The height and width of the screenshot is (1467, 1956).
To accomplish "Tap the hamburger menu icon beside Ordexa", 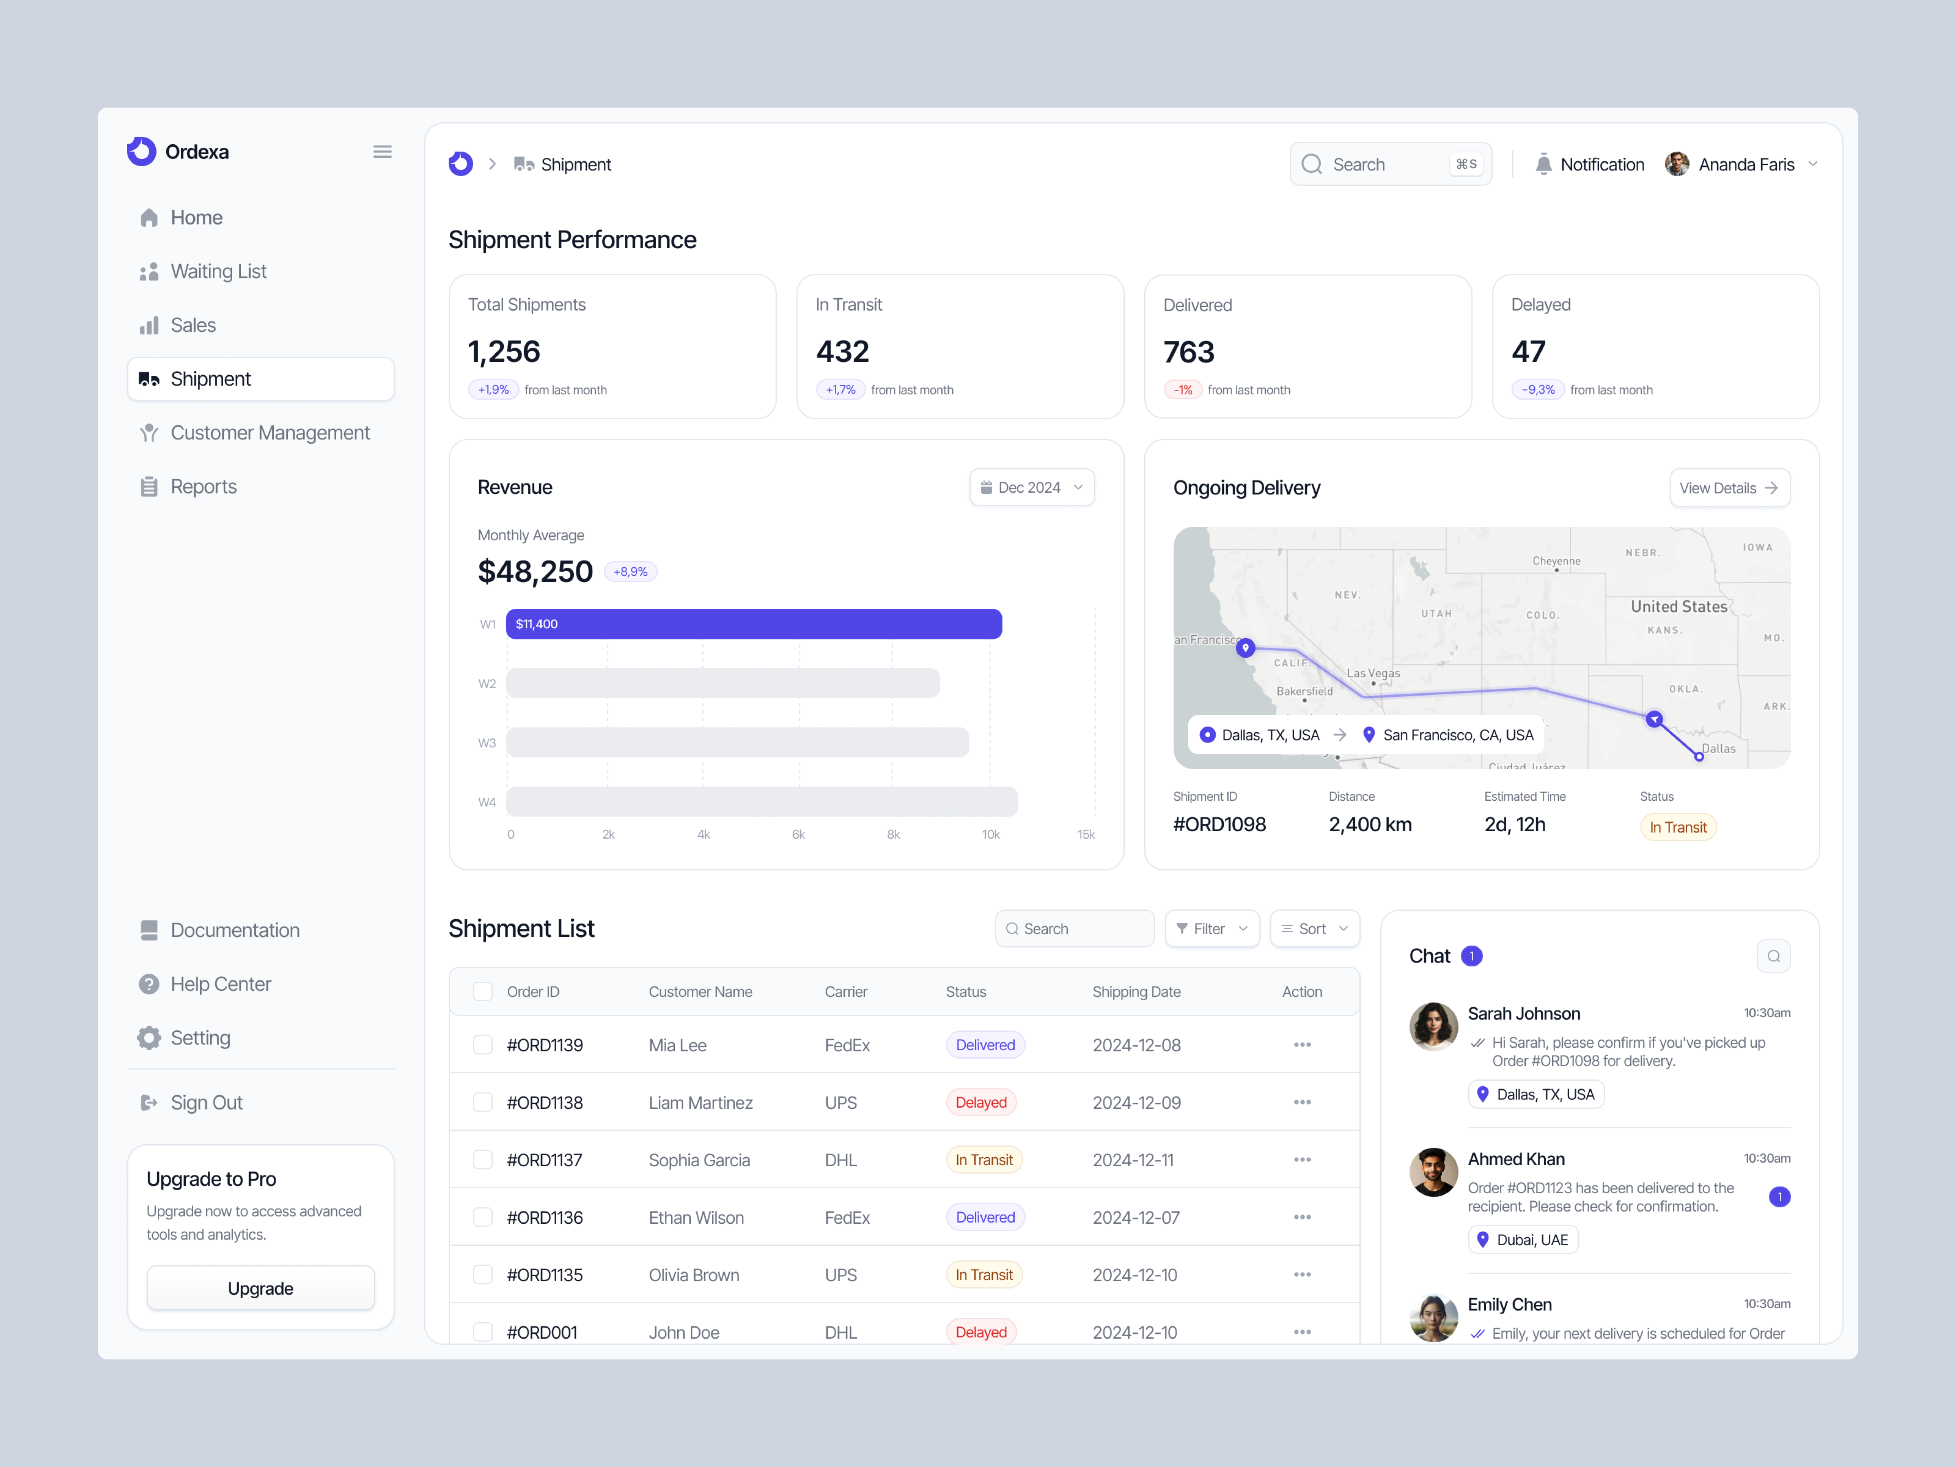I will coord(382,152).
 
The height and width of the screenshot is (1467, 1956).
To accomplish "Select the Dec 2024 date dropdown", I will coord(1031,487).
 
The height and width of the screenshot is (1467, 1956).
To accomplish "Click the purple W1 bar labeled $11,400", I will coord(753,623).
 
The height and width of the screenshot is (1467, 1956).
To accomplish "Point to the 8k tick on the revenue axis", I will coord(893,834).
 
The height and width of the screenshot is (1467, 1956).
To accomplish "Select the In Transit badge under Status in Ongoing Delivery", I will coord(1677,827).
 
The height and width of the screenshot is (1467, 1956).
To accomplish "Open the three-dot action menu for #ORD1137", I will coord(1302,1159).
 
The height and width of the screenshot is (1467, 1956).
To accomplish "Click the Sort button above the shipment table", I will coord(1314,928).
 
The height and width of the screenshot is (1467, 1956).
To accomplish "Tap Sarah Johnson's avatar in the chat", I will coord(1432,1026).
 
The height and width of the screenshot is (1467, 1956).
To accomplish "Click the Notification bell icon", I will coord(1543,165).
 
